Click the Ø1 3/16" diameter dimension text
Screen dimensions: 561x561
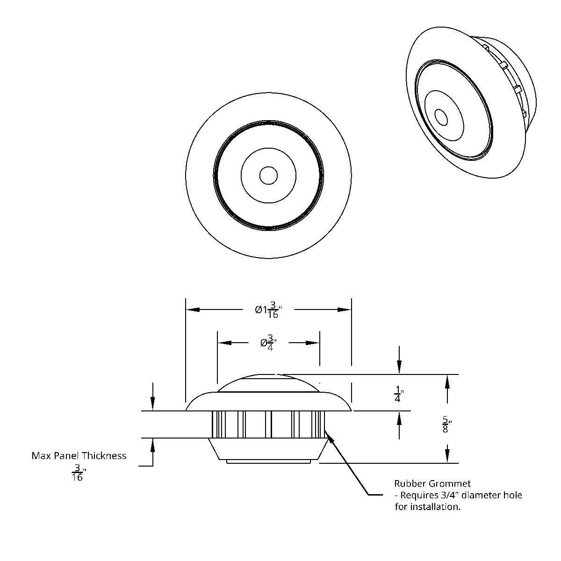tap(269, 310)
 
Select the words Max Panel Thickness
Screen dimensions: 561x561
tap(79, 455)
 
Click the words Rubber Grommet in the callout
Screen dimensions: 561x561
tap(432, 483)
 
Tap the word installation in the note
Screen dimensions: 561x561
tap(438, 507)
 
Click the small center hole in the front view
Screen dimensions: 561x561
tap(268, 176)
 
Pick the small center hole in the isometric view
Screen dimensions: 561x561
tap(440, 116)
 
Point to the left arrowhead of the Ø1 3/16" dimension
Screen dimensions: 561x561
tap(192, 309)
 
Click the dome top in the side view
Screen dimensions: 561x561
tap(268, 381)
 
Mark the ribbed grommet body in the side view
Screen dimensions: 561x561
tap(268, 424)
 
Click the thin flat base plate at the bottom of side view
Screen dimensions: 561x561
tap(268, 461)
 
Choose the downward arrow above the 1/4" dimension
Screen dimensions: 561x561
tap(399, 367)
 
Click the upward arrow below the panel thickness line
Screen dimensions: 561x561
tap(152, 446)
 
